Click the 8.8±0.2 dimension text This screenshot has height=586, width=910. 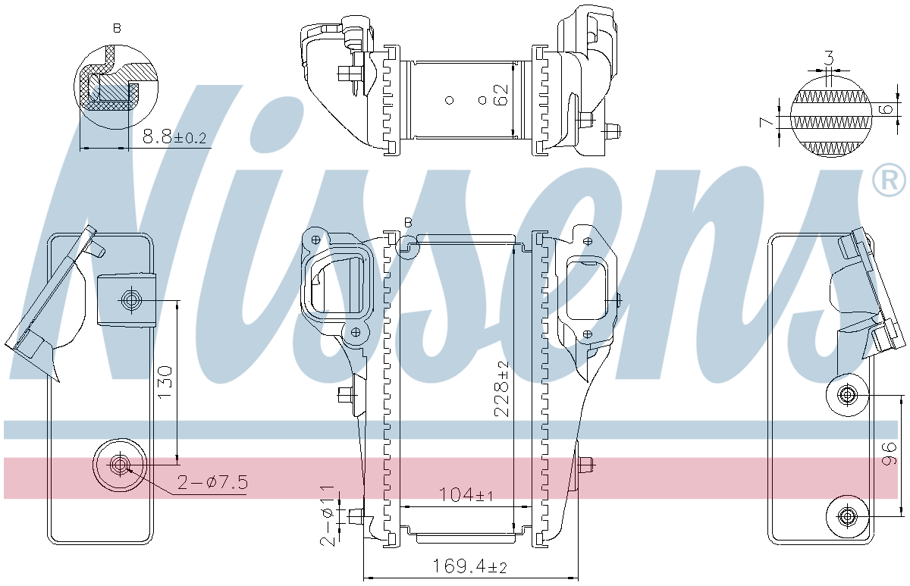(x=174, y=138)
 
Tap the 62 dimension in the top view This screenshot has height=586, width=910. (x=501, y=95)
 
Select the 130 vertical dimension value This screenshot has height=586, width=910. (x=166, y=382)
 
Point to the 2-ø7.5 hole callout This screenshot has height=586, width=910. (x=212, y=482)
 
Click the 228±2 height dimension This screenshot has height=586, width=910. (x=501, y=389)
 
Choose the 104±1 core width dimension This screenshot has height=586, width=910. (x=466, y=494)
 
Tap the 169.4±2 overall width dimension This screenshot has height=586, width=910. (x=469, y=566)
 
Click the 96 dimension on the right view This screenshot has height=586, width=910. (x=889, y=453)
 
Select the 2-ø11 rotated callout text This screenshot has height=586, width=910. (x=328, y=515)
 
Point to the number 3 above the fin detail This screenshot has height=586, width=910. (x=829, y=58)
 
